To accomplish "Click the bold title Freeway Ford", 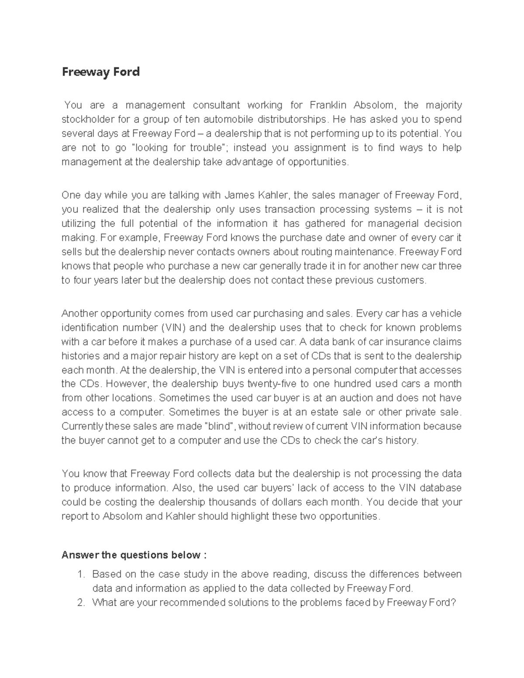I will point(100,72).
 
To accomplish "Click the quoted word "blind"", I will point(220,426).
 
